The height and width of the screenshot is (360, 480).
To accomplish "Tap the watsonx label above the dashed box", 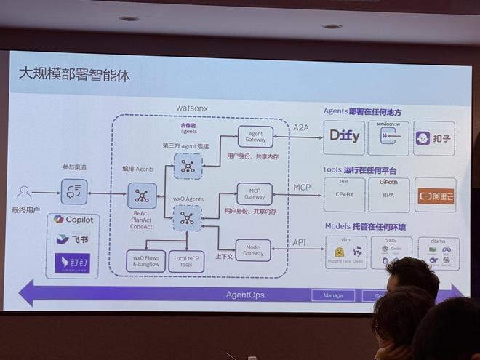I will (192, 108).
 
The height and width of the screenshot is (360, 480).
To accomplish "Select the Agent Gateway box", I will (255, 136).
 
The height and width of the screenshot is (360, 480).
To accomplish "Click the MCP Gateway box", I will (255, 193).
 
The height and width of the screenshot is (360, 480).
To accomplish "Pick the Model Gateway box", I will (253, 249).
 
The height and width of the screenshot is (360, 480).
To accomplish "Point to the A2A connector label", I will (301, 127).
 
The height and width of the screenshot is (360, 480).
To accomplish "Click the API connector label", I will (300, 242).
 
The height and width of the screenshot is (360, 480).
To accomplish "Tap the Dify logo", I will (345, 136).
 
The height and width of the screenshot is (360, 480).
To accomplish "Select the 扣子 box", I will (434, 138).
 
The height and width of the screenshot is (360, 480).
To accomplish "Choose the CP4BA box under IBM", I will (344, 195).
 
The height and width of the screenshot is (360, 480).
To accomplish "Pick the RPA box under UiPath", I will (389, 195).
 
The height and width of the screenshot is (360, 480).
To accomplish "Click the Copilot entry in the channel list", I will (75, 220).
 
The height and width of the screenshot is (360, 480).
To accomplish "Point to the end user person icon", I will (24, 193).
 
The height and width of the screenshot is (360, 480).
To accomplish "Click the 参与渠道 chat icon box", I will (73, 191).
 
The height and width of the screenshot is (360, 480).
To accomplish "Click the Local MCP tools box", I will (186, 261).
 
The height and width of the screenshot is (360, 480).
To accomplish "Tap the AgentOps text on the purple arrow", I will (244, 295).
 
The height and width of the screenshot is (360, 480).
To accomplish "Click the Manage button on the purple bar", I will (332, 296).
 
